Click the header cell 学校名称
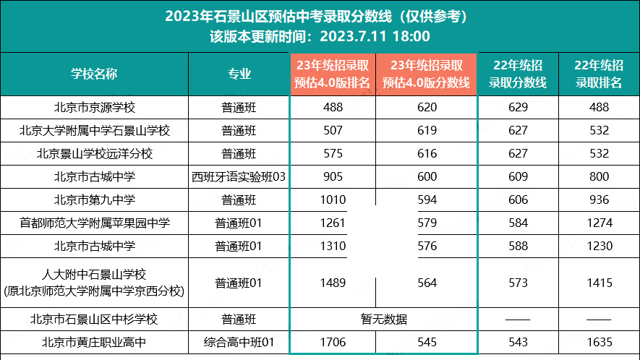click(94, 74)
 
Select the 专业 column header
click(239, 74)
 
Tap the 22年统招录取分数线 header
click(518, 74)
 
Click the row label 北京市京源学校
click(95, 108)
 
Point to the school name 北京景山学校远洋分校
click(95, 154)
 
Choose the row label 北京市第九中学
click(95, 200)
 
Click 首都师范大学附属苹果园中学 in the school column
click(95, 223)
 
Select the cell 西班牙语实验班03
click(239, 177)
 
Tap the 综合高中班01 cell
click(239, 342)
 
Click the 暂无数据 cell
click(383, 319)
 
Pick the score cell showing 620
click(427, 108)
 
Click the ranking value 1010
click(333, 200)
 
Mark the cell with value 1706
click(333, 342)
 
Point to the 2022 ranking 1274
click(600, 223)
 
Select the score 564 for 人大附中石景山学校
click(427, 283)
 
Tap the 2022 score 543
click(518, 342)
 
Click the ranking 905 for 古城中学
click(333, 177)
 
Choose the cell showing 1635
click(600, 342)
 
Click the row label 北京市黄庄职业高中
click(95, 342)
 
